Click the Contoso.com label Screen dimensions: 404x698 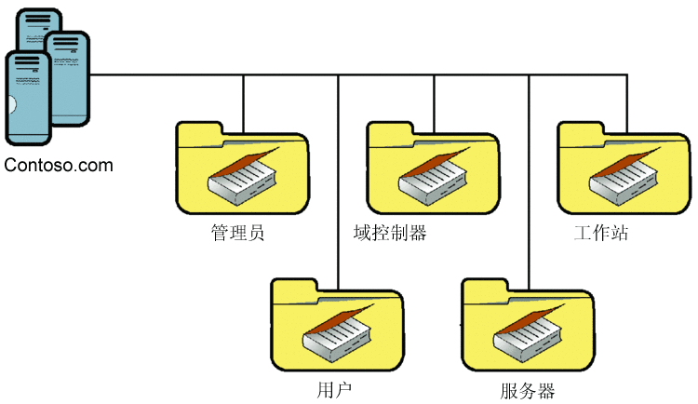point(58,166)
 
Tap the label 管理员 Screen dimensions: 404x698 point(238,232)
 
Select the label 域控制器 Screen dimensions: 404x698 point(391,232)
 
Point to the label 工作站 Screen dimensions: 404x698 point(601,232)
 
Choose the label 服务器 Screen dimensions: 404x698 point(527,388)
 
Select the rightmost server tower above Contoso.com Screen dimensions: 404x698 point(69,79)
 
